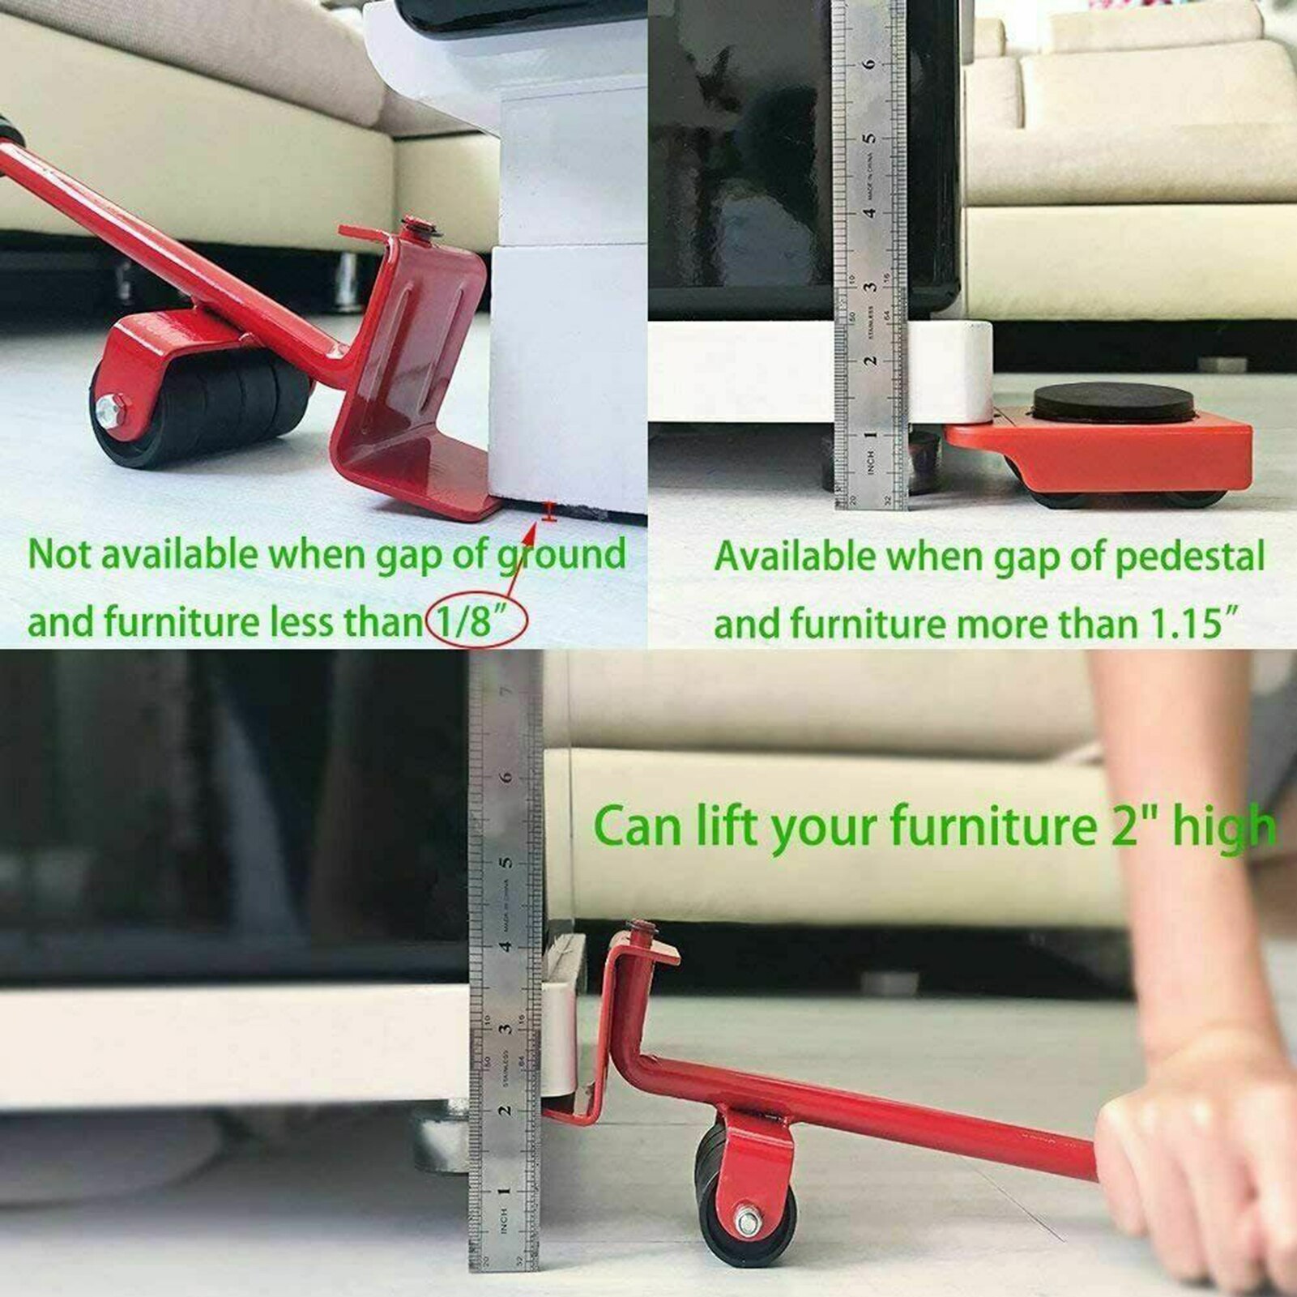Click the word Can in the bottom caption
(x=636, y=827)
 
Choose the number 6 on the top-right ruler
(x=869, y=63)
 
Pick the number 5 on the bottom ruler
(x=506, y=861)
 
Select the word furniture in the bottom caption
(x=989, y=827)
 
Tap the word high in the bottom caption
(x=1223, y=827)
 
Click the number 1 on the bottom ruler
(x=504, y=1192)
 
